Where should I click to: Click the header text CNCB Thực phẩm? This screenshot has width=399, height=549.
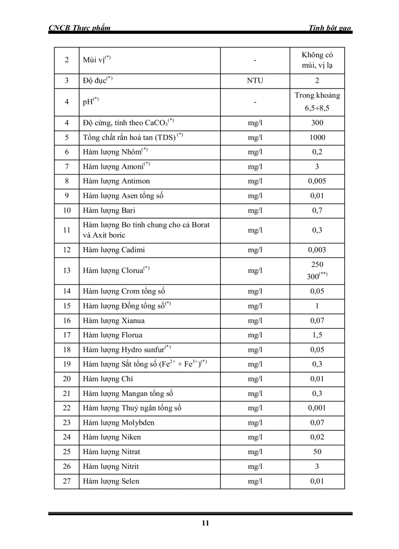pyautogui.click(x=79, y=28)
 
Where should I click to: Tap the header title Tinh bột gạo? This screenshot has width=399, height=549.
pyautogui.click(x=330, y=28)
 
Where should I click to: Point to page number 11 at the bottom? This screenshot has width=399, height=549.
pyautogui.click(x=205, y=523)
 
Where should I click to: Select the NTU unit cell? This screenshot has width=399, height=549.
pyautogui.click(x=255, y=81)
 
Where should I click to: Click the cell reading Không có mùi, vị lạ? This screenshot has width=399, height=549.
pyautogui.click(x=317, y=60)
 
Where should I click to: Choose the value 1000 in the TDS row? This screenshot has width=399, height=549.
pyautogui.click(x=317, y=137)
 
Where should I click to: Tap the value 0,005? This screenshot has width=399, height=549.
pyautogui.click(x=317, y=181)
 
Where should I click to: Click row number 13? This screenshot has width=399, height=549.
pyautogui.click(x=67, y=270)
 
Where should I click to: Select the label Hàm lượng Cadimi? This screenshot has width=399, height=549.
pyautogui.click(x=114, y=250)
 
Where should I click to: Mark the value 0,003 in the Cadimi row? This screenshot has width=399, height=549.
pyautogui.click(x=317, y=250)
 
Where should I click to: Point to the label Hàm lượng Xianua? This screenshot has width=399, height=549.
pyautogui.click(x=113, y=321)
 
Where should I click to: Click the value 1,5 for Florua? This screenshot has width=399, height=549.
pyautogui.click(x=317, y=335)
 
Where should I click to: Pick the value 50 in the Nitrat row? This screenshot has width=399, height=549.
pyautogui.click(x=317, y=452)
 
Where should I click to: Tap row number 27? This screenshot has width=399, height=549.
pyautogui.click(x=67, y=481)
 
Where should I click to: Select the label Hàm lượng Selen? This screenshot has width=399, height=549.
pyautogui.click(x=111, y=481)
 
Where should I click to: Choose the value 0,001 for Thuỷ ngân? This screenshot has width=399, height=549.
pyautogui.click(x=317, y=408)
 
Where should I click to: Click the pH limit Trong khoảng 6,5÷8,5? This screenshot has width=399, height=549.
pyautogui.click(x=317, y=102)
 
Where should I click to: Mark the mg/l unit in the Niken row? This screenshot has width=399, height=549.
pyautogui.click(x=255, y=437)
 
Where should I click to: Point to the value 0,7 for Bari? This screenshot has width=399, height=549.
pyautogui.click(x=317, y=211)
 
